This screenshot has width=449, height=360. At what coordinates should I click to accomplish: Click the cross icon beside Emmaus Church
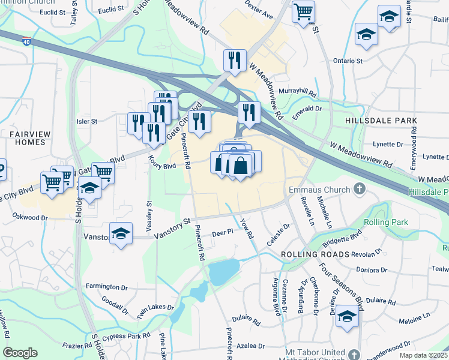[x=360, y=190]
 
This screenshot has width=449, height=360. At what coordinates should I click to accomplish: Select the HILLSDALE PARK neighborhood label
[x=381, y=121]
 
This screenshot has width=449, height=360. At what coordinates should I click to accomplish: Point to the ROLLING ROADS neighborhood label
[x=315, y=254]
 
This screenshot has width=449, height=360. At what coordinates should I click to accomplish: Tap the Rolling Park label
[x=385, y=222]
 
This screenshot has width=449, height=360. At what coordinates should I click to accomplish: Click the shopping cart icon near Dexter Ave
[x=304, y=11]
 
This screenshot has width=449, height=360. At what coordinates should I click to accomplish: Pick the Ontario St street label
[x=348, y=61]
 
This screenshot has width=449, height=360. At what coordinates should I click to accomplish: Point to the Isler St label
[x=87, y=121]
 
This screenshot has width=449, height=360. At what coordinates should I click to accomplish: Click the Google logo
[x=20, y=352]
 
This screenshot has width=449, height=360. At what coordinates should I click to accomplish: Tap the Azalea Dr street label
[x=251, y=346]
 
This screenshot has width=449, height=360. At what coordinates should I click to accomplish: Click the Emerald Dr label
[x=307, y=109]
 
